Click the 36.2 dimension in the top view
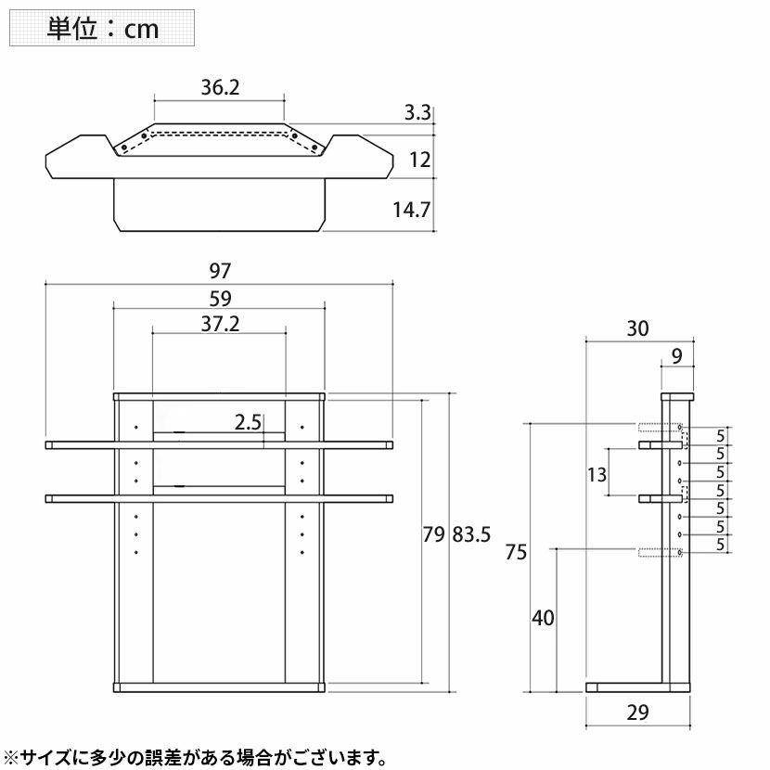(x=220, y=87)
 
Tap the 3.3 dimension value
(x=417, y=113)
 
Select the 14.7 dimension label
(x=412, y=211)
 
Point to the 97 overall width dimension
(x=220, y=271)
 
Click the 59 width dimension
(x=220, y=299)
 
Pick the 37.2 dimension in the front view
(x=220, y=324)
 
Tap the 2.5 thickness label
(x=248, y=422)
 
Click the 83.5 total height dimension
(x=471, y=534)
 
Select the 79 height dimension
(x=433, y=534)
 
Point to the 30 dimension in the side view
(x=637, y=328)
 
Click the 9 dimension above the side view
(x=676, y=356)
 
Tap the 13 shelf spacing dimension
(x=597, y=475)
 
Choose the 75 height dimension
(x=516, y=553)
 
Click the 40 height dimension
(x=543, y=618)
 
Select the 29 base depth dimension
(x=637, y=712)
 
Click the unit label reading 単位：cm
(x=103, y=29)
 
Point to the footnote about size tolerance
(x=195, y=757)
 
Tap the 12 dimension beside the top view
(x=420, y=160)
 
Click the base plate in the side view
(x=638, y=687)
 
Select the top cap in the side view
(x=677, y=396)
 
